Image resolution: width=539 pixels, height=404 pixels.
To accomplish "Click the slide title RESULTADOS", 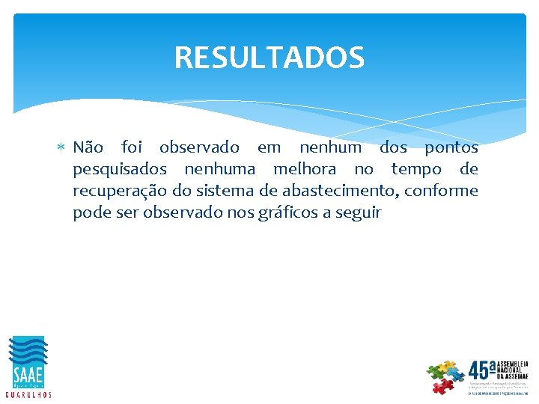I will click(269, 58).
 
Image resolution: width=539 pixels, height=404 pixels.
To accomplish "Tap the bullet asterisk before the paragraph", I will click(61, 148).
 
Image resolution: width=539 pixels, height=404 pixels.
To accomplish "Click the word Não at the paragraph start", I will click(88, 147).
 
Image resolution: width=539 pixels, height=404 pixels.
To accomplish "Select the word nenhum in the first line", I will click(329, 147).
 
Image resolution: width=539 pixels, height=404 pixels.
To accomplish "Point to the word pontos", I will click(451, 147).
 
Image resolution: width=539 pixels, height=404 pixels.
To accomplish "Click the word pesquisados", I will click(120, 170).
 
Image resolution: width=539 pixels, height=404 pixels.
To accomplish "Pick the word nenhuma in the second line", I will click(219, 169).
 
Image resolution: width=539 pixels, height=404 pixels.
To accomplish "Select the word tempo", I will click(416, 169).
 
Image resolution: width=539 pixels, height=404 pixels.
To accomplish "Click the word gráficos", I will click(288, 213).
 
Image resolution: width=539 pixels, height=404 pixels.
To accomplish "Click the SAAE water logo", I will click(28, 361).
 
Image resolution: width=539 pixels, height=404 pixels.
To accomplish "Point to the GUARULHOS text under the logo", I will click(28, 394).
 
